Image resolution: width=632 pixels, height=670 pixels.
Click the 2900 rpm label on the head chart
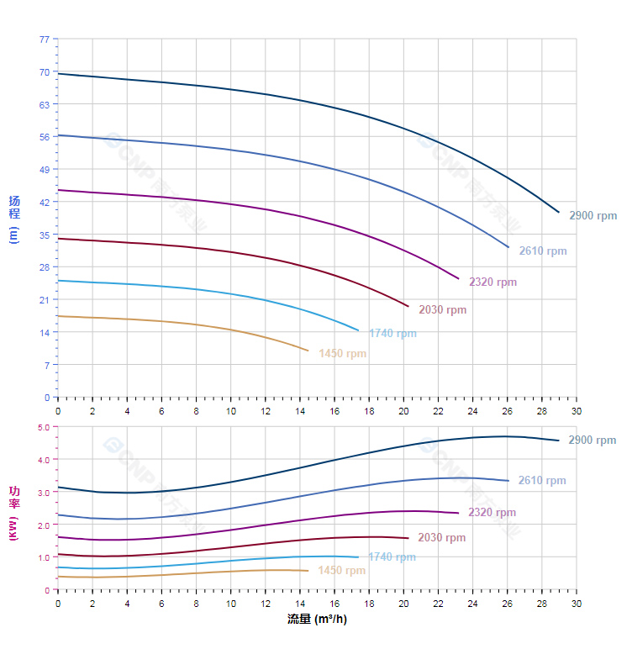(592, 215)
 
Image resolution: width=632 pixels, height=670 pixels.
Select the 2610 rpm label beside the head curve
(542, 251)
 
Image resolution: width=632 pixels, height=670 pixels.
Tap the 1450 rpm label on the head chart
(342, 353)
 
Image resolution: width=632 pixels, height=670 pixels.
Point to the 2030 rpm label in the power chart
(441, 537)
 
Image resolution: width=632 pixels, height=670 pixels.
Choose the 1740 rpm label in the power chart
(392, 557)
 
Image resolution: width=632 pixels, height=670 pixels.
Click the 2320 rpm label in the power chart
(492, 512)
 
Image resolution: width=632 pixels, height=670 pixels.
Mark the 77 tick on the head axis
(45, 40)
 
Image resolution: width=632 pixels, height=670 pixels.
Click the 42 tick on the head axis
(45, 202)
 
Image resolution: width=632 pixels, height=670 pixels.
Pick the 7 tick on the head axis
(47, 365)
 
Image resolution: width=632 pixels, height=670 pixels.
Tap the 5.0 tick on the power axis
(44, 427)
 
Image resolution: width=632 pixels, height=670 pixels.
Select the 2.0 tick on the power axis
(44, 525)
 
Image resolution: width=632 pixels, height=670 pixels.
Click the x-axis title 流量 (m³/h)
(317, 620)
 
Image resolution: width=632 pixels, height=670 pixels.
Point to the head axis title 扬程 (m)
(13, 219)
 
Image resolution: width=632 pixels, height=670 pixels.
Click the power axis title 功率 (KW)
(13, 512)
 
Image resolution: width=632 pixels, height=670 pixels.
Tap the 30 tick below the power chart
(576, 603)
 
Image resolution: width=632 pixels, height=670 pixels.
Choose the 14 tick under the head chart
(300, 411)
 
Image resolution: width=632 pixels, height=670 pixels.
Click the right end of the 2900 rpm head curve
(559, 212)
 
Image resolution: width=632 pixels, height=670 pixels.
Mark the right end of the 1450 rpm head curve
(308, 351)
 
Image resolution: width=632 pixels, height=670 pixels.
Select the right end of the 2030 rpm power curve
(408, 538)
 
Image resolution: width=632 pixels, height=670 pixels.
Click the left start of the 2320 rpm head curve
(58, 190)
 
